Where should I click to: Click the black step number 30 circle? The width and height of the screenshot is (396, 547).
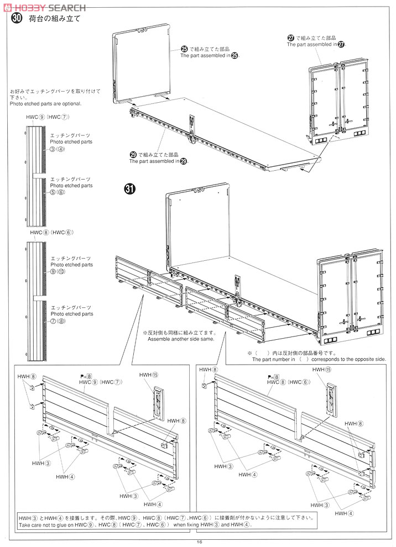tap(17, 19)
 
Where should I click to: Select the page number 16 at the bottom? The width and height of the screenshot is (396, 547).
tap(199, 542)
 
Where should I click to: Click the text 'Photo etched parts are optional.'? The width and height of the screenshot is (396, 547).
tap(45, 104)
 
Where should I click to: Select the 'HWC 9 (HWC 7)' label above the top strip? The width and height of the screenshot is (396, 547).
tap(47, 118)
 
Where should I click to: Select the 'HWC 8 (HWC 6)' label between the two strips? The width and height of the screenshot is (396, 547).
tap(51, 233)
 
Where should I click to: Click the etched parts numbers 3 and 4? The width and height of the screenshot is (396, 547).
tap(58, 149)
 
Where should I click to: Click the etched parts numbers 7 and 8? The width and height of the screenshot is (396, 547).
tap(58, 321)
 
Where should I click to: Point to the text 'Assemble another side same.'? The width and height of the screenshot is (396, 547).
tap(180, 339)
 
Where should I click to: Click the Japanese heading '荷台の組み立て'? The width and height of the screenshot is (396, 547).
tap(55, 19)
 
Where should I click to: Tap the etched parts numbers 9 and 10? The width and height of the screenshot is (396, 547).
tap(58, 272)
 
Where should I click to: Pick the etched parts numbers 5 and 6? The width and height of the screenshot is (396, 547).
tap(58, 193)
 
